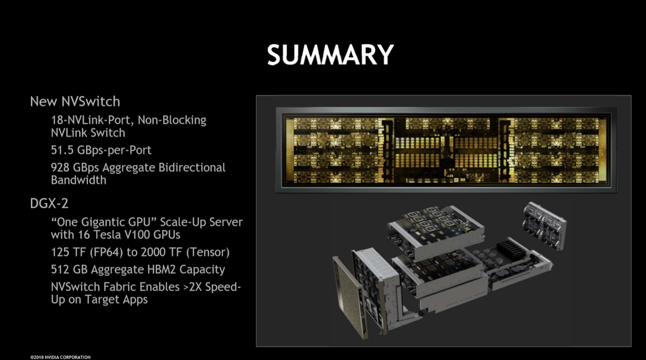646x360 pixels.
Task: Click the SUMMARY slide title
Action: pyautogui.click(x=331, y=55)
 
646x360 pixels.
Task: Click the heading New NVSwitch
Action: pyautogui.click(x=75, y=102)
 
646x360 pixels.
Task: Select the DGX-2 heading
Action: pyautogui.click(x=49, y=203)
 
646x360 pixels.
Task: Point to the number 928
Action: pyautogui.click(x=60, y=167)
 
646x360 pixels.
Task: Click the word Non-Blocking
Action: pyautogui.click(x=172, y=120)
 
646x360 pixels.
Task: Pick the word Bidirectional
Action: pyautogui.click(x=192, y=167)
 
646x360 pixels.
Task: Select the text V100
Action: pyautogui.click(x=135, y=235)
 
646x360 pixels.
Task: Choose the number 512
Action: pyautogui.click(x=60, y=270)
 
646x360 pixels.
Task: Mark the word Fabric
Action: pyautogui.click(x=119, y=287)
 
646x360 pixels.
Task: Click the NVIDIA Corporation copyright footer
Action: pyautogui.click(x=60, y=357)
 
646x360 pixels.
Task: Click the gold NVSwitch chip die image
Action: pyautogui.click(x=446, y=150)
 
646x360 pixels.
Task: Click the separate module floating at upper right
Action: pyautogui.click(x=544, y=225)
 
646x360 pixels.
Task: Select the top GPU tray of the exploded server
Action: pyautogui.click(x=436, y=231)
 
